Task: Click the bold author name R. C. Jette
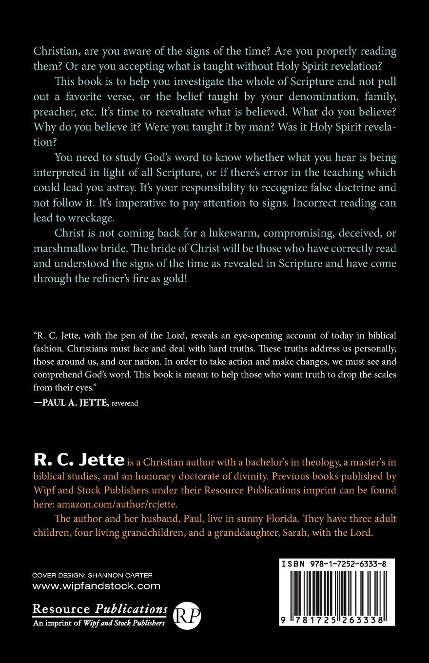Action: pos(78,460)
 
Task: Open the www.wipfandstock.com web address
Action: pos(96,586)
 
